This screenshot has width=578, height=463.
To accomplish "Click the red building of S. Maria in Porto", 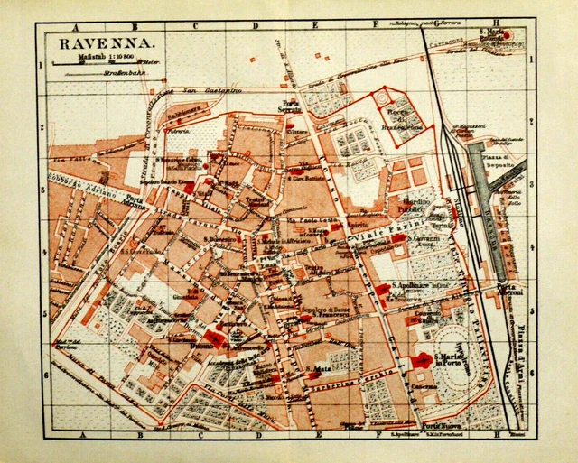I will click(x=422, y=360).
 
